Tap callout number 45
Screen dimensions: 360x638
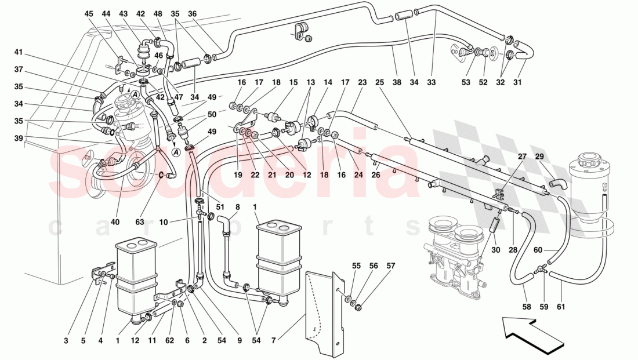pyautogui.click(x=88, y=13)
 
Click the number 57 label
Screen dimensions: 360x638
pyautogui.click(x=390, y=266)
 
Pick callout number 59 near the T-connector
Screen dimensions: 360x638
pyautogui.click(x=544, y=307)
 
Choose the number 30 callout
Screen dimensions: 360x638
pyautogui.click(x=494, y=250)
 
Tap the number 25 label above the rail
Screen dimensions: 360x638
pyautogui.click(x=380, y=83)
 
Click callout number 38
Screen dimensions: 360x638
pyautogui.click(x=397, y=83)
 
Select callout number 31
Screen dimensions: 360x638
pyautogui.click(x=517, y=83)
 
